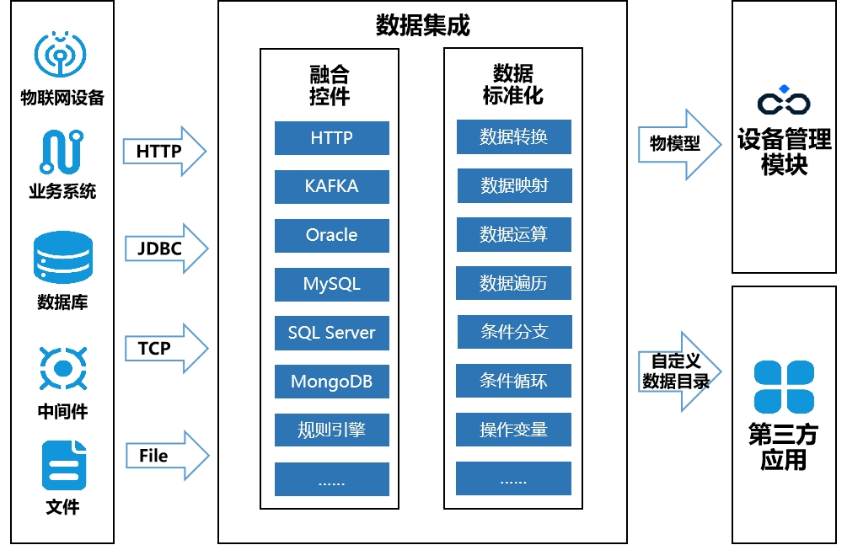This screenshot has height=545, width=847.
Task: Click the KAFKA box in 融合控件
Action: pos(331,186)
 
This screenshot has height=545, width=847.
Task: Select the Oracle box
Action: pos(331,235)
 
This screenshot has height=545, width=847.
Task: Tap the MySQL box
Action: pos(331,284)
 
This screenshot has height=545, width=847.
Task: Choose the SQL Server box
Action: pos(331,333)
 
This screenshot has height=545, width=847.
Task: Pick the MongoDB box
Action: pos(331,382)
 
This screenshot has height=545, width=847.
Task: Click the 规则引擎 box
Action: pos(331,430)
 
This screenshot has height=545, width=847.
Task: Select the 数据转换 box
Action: pos(513,137)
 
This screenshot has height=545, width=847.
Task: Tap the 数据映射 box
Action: pos(513,186)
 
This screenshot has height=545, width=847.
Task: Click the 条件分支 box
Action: pos(513,332)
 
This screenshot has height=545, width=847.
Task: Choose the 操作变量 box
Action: pos(513,430)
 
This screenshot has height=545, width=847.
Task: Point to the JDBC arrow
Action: pos(166,249)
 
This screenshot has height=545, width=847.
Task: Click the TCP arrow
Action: pos(166,348)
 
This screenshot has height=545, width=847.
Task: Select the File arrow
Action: pos(166,456)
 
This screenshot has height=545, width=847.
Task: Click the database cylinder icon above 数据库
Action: pos(62,257)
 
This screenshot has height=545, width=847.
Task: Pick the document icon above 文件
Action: pos(64,465)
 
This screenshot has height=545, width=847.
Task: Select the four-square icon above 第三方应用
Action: pos(784,387)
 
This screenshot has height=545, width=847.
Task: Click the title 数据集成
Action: pos(422,25)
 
